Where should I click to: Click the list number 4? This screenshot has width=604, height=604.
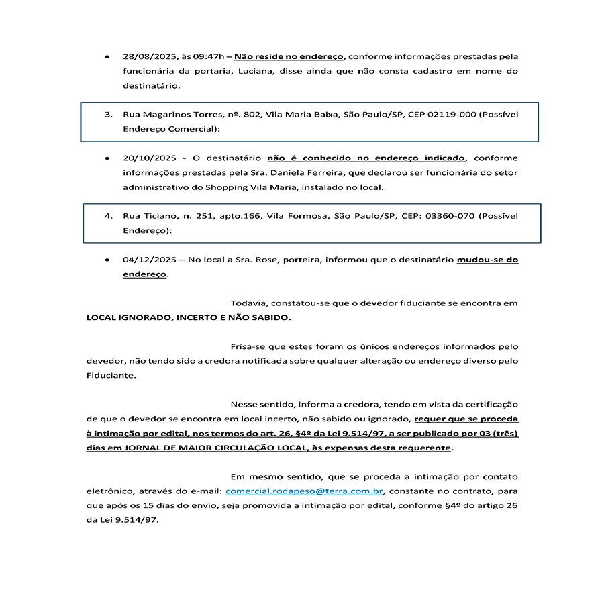[108, 216]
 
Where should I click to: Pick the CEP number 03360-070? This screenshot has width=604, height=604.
[451, 216]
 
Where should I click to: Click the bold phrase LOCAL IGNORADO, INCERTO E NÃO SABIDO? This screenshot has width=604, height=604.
[189, 317]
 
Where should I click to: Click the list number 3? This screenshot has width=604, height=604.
[108, 115]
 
